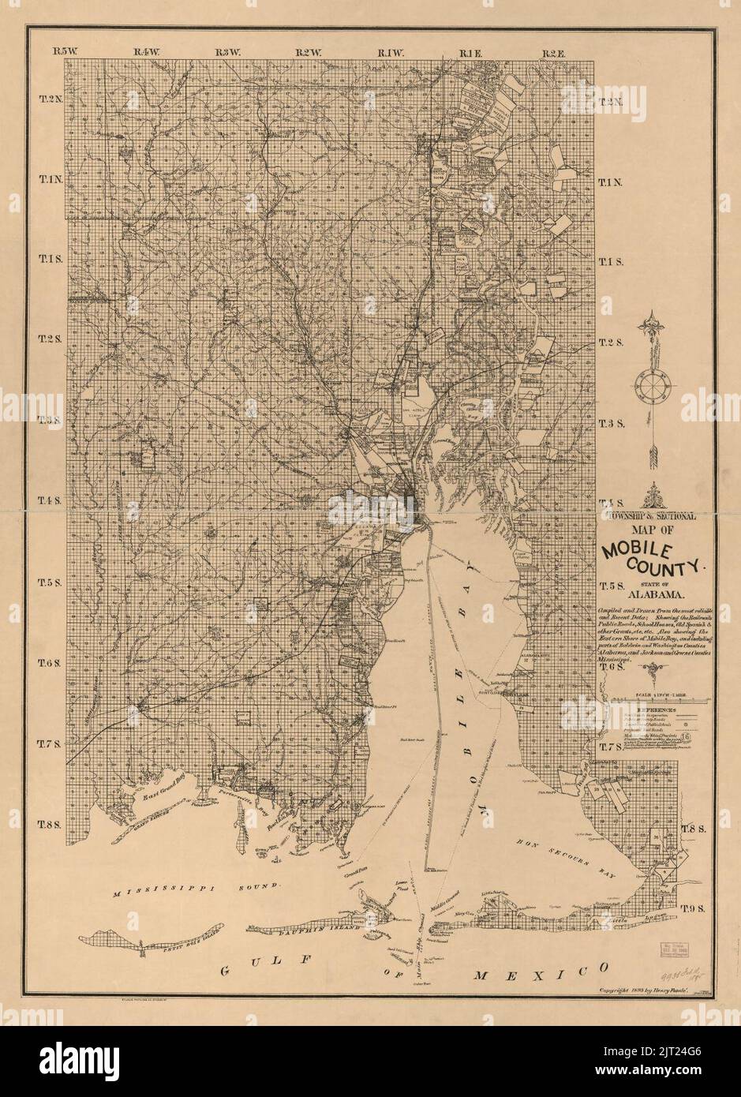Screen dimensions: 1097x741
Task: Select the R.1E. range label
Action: (470, 52)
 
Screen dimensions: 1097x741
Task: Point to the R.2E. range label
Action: (553, 52)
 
